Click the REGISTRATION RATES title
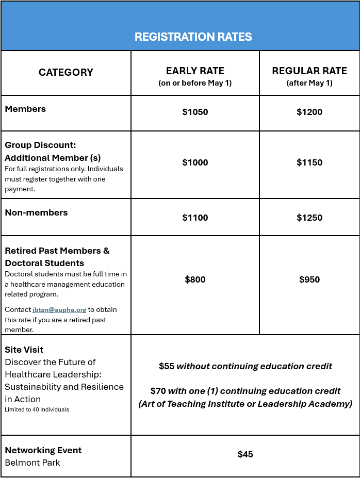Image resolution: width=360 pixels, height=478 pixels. click(193, 37)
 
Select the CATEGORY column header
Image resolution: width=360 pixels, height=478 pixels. click(66, 73)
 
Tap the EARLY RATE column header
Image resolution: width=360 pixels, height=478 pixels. click(195, 71)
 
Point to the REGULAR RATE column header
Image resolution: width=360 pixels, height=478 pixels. click(309, 71)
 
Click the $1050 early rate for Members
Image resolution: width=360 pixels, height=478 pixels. click(195, 112)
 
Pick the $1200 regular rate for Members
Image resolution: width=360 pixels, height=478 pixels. click(309, 112)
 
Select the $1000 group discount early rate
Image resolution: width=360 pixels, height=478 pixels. click(195, 162)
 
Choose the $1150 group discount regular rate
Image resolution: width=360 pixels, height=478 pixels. click(309, 162)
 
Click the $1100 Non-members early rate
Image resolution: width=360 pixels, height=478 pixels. click(195, 218)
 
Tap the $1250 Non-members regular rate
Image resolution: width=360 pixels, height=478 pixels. click(309, 218)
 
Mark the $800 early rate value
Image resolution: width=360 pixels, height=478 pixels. click(195, 279)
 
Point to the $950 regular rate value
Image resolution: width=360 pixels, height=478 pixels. click(309, 279)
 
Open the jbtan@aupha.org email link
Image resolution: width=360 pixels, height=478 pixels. click(59, 310)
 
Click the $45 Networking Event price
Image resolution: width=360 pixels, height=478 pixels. click(246, 454)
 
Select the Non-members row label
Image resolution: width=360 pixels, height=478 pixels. click(36, 212)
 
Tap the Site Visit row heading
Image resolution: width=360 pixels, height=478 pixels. click(24, 350)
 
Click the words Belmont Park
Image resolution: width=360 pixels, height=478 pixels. click(32, 463)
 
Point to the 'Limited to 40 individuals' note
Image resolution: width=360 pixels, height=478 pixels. click(37, 409)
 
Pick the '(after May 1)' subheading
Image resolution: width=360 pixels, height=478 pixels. click(309, 83)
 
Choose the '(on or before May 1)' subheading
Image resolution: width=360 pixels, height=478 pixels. click(195, 83)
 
